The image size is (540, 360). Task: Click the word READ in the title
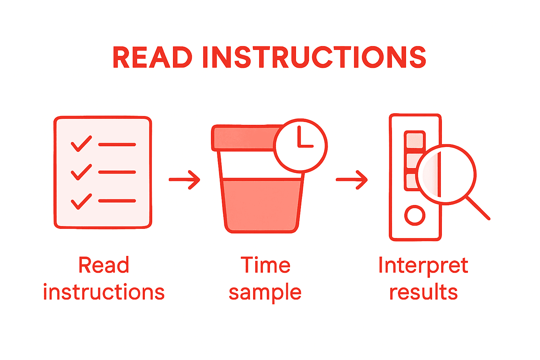152,57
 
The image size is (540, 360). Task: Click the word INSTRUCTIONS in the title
314,57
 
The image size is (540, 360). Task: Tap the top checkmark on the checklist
81,143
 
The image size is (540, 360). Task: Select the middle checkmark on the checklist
81,172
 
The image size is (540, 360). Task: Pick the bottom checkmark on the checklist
81,201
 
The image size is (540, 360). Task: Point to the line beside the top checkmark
117,144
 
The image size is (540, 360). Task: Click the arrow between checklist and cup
185,180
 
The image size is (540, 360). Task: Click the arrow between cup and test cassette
352,180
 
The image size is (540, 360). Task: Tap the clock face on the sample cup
300,146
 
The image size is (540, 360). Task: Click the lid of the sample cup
243,138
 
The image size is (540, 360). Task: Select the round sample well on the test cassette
415,215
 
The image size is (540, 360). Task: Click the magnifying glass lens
446,174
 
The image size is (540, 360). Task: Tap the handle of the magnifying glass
478,208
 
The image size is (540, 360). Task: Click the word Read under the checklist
104,265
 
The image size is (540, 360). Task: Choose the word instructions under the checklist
104,292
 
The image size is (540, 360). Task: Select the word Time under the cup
265,265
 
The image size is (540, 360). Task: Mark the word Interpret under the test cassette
423,266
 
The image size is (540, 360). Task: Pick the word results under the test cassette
423,292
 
